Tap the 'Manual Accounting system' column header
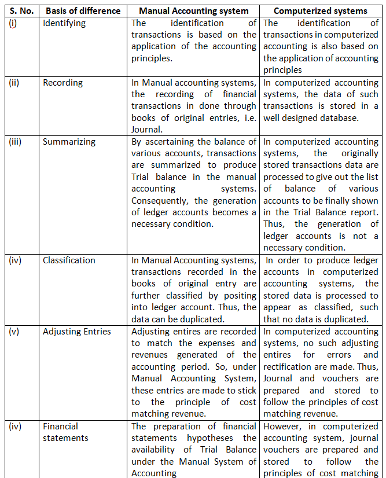click(193, 11)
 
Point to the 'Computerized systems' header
click(320, 11)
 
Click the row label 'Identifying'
click(64, 23)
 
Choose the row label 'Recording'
click(63, 83)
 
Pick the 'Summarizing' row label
click(69, 142)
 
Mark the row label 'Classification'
click(69, 260)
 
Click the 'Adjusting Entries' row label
click(76, 332)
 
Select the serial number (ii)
click(14, 83)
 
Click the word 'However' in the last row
click(282, 426)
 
